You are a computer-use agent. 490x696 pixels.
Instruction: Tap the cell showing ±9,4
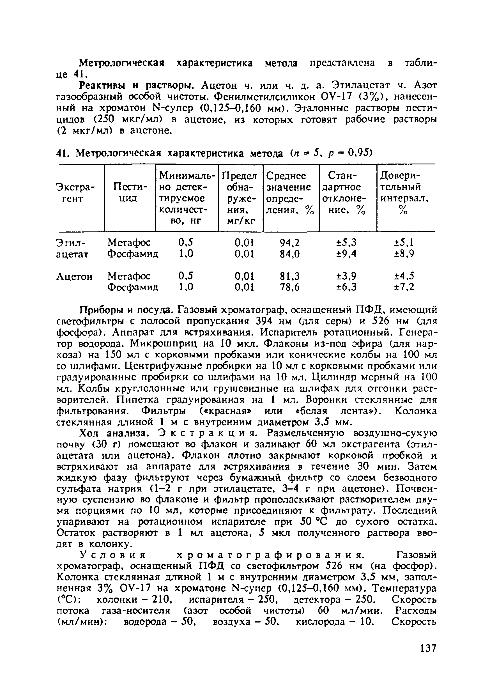[x=347, y=253]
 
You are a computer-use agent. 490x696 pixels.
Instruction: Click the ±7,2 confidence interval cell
[x=404, y=287]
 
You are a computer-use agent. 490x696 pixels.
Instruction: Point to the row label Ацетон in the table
[x=75, y=276]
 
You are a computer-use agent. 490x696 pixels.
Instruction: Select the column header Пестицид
[x=129, y=193]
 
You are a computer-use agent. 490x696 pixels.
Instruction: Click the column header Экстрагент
[x=75, y=193]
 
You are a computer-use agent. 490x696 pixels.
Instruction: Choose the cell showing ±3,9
[x=347, y=276]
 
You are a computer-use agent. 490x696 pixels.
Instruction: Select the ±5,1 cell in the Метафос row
[x=404, y=242]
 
